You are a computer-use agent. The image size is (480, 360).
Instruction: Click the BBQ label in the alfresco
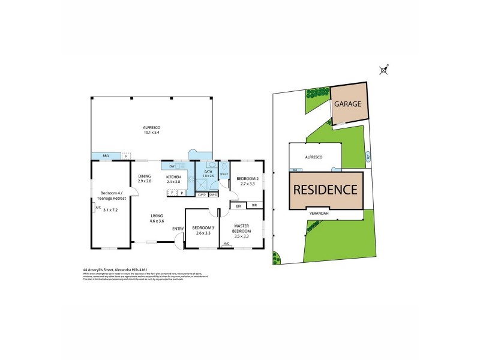[x=106, y=156]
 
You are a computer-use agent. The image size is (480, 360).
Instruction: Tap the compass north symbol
[x=384, y=70]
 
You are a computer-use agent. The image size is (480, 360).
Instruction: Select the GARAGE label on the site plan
[x=348, y=104]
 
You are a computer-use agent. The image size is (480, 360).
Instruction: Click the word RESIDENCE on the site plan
[x=326, y=190]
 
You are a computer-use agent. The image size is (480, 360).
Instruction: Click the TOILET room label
[x=224, y=175]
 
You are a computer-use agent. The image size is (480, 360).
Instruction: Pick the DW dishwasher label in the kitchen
[x=172, y=166]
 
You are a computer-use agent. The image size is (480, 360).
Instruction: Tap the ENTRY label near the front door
[x=178, y=229]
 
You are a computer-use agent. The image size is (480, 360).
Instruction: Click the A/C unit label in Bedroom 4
[x=98, y=208]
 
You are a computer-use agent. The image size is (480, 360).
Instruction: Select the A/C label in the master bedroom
[x=227, y=244]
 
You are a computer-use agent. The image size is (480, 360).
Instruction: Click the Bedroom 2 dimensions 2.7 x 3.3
[x=247, y=184]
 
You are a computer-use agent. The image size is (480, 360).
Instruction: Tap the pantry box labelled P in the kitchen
[x=181, y=193]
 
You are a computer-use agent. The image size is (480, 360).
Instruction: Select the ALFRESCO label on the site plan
[x=315, y=157]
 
